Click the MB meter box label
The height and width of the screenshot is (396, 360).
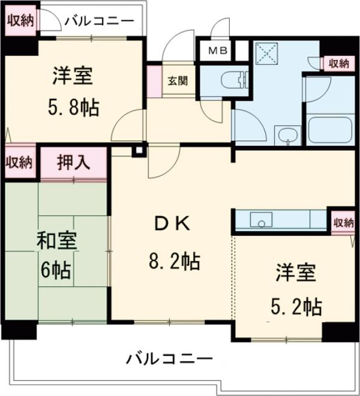tap(217, 51)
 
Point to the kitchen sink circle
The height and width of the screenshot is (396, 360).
tap(262, 224)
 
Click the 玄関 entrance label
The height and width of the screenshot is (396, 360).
tap(176, 80)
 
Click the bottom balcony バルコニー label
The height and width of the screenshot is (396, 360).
tap(169, 360)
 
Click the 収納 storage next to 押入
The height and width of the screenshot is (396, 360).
tap(19, 162)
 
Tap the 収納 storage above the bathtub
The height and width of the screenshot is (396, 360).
tap(338, 62)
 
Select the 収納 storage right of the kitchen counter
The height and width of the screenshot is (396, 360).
tap(343, 223)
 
